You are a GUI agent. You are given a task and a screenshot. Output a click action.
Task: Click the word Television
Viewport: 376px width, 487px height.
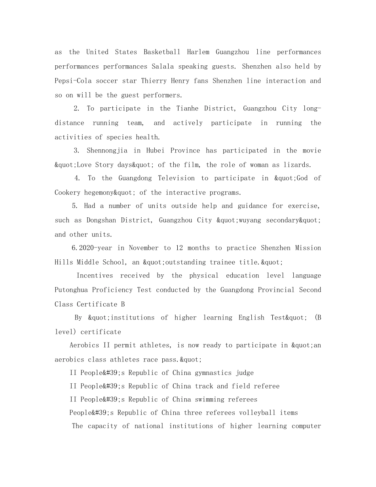pos(176,178)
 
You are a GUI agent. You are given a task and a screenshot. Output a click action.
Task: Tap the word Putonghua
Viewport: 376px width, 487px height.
pos(71,290)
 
